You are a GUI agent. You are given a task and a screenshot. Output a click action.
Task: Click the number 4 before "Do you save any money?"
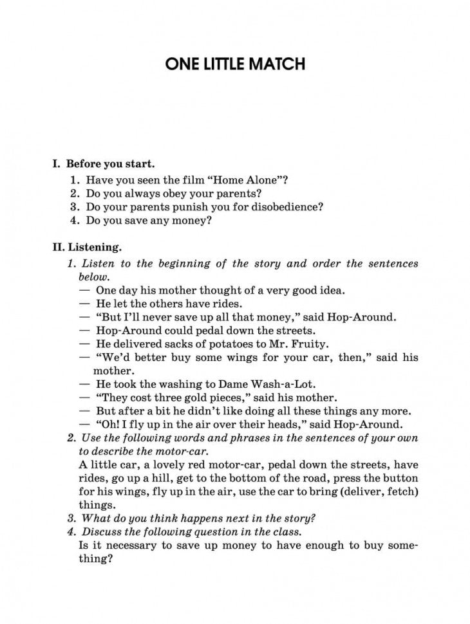click(75, 221)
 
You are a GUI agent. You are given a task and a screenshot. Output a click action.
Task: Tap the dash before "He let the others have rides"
click(84, 303)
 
